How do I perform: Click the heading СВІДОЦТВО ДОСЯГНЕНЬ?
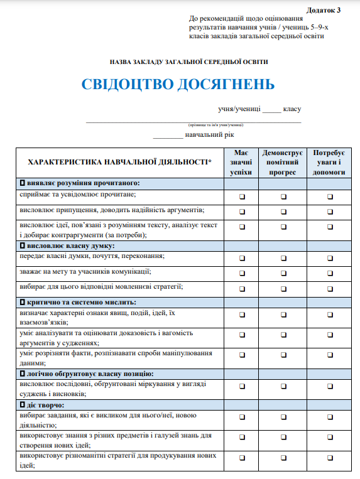178,85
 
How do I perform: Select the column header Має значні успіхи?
241,163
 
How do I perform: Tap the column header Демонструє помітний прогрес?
283,163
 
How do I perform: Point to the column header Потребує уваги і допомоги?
330,163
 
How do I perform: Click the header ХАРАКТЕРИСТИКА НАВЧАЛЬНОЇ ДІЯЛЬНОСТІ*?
120,162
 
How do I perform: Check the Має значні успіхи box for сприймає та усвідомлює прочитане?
242,196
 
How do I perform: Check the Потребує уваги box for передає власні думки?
330,259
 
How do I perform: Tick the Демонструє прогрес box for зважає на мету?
283,274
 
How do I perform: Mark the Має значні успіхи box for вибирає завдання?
242,420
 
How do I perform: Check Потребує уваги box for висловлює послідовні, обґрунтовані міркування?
330,387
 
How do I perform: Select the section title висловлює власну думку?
75,245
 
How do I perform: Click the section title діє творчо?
47,405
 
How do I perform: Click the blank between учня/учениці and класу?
272,111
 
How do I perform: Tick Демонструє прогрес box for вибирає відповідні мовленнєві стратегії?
283,289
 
